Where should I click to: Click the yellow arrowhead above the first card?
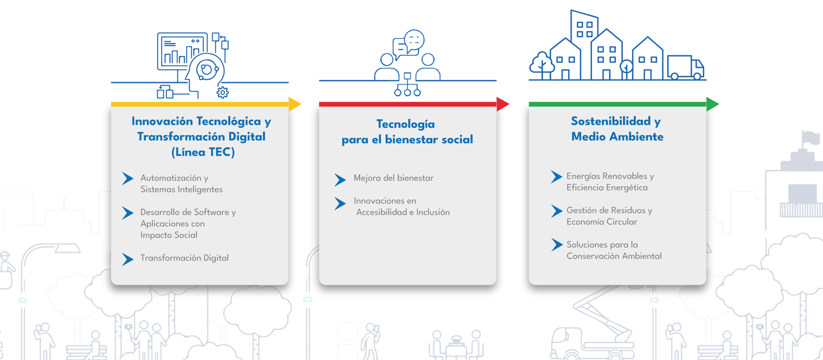click(x=294, y=104)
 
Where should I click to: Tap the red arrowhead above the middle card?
click(x=502, y=104)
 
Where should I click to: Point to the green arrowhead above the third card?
click(x=712, y=104)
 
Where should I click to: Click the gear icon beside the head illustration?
click(x=222, y=92)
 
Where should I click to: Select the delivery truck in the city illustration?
click(x=685, y=68)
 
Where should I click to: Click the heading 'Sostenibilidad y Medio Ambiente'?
click(x=617, y=129)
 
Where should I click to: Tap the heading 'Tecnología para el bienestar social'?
click(x=407, y=132)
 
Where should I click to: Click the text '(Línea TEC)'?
click(x=203, y=153)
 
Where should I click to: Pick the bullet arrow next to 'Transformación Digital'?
click(x=127, y=259)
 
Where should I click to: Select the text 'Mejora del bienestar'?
click(x=393, y=178)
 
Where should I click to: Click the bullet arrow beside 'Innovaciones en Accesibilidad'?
click(x=340, y=203)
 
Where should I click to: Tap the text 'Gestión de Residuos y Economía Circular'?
click(x=609, y=216)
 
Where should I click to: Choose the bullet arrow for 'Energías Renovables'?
click(x=556, y=177)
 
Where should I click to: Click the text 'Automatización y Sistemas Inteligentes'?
click(x=181, y=183)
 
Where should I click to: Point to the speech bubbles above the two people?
click(x=409, y=44)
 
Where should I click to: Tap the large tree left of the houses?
click(x=541, y=64)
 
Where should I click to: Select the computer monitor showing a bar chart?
click(x=181, y=50)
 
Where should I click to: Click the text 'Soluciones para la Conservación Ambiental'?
click(x=614, y=250)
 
